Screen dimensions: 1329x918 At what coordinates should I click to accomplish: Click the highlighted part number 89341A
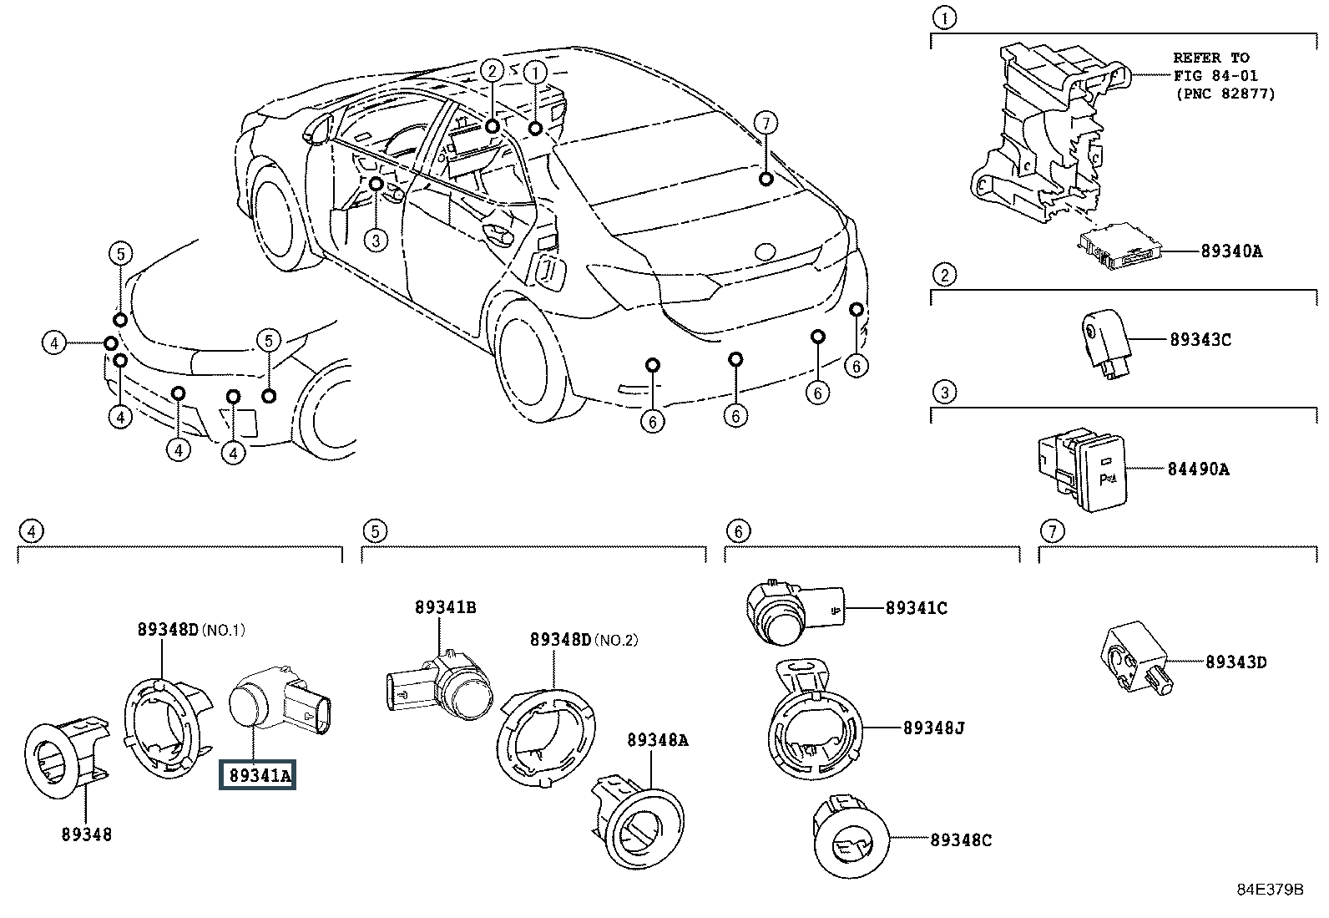[257, 775]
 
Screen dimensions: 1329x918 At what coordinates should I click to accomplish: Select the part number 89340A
[1231, 251]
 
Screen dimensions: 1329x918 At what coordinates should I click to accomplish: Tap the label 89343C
[1200, 340]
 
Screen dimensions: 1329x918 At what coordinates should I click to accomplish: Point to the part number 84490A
[1199, 469]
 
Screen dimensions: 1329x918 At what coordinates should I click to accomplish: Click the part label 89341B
[445, 607]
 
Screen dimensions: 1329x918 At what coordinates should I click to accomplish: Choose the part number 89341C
[916, 608]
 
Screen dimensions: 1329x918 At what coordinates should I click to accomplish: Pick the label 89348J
[934, 728]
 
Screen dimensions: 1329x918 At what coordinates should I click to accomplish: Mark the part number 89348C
[961, 839]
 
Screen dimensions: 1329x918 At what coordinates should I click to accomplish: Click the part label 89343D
[1236, 662]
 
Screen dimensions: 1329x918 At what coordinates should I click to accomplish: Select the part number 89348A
[658, 740]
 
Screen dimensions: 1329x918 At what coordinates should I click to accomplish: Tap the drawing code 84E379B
[1271, 889]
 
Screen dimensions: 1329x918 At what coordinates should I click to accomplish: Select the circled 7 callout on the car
[766, 124]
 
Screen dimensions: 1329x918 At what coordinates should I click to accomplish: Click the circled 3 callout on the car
[376, 241]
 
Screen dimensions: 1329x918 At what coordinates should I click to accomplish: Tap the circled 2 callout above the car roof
[491, 71]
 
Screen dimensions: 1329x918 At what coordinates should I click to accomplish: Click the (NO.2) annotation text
[616, 640]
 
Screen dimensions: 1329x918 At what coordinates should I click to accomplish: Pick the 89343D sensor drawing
[1137, 658]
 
